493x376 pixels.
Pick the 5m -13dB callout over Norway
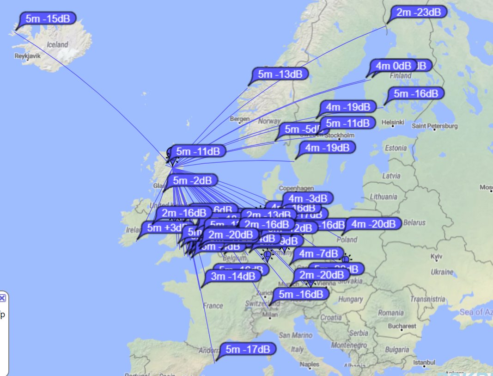click(280, 74)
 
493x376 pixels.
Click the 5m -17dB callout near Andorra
click(248, 349)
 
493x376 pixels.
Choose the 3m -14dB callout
click(233, 276)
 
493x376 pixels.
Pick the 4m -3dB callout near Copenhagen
click(307, 198)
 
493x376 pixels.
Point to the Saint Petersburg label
click(434, 126)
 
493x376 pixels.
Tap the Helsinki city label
click(393, 122)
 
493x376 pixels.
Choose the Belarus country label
click(414, 222)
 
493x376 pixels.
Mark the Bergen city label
click(240, 119)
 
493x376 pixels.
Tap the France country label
click(213, 306)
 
